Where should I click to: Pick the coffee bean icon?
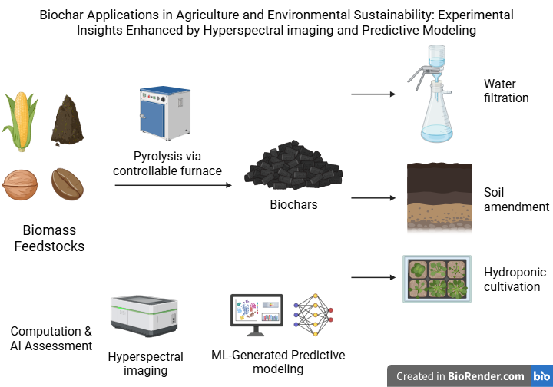click(x=68, y=184)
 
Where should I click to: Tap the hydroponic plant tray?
click(x=435, y=278)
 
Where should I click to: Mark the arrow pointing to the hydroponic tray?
click(x=373, y=277)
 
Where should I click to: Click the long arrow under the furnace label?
click(x=174, y=185)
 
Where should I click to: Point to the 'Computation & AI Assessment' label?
click(x=51, y=339)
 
